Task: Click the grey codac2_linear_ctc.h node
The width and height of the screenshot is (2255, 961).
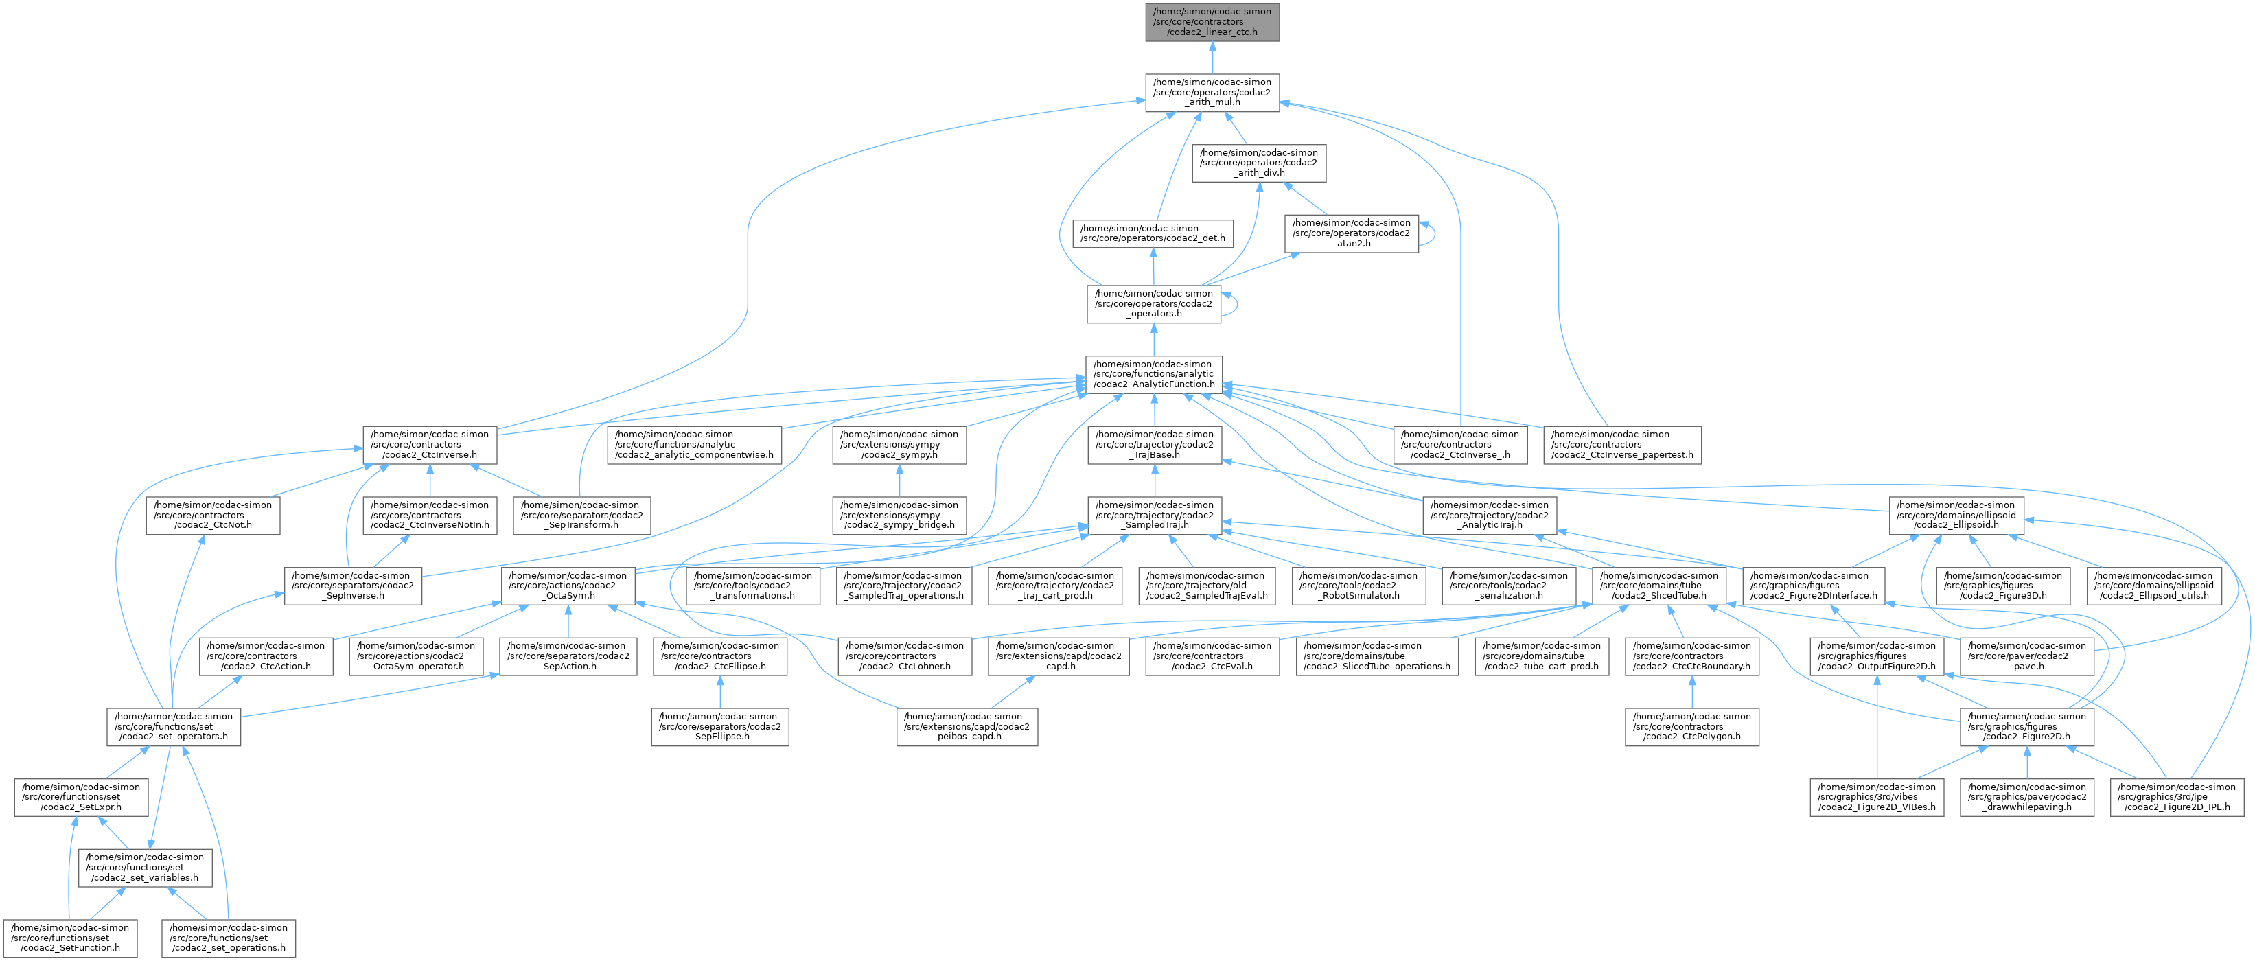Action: click(1212, 21)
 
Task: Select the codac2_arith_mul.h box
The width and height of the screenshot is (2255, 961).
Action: click(1212, 92)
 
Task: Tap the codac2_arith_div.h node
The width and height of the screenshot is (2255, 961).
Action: click(1259, 163)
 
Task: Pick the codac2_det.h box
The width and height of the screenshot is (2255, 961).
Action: click(1154, 233)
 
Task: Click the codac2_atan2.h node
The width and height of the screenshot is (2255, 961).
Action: click(1352, 233)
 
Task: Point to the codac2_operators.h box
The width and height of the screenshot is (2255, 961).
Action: click(1154, 303)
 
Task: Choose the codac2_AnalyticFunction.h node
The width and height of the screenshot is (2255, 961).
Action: click(1154, 373)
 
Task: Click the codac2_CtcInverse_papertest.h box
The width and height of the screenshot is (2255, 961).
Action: click(1622, 445)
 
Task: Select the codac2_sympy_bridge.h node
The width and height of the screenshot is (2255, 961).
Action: click(900, 515)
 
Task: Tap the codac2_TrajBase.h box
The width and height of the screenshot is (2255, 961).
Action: click(1154, 445)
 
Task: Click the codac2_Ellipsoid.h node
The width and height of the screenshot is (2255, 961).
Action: click(1955, 515)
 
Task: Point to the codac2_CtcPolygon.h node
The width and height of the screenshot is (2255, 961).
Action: click(1691, 726)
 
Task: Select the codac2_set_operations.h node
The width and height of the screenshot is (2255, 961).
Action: click(229, 938)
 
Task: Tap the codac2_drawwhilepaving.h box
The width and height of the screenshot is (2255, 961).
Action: click(2026, 796)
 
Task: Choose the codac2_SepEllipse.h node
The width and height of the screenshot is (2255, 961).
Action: click(719, 726)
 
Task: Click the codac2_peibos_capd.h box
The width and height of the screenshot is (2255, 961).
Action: click(967, 726)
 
